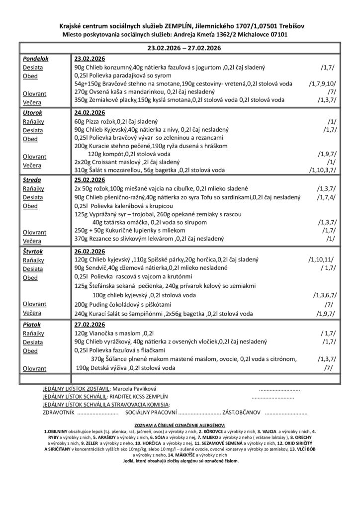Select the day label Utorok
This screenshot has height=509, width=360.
click(x=32, y=113)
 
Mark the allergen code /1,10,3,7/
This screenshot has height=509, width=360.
click(x=323, y=170)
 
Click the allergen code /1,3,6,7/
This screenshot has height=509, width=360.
click(x=324, y=295)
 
